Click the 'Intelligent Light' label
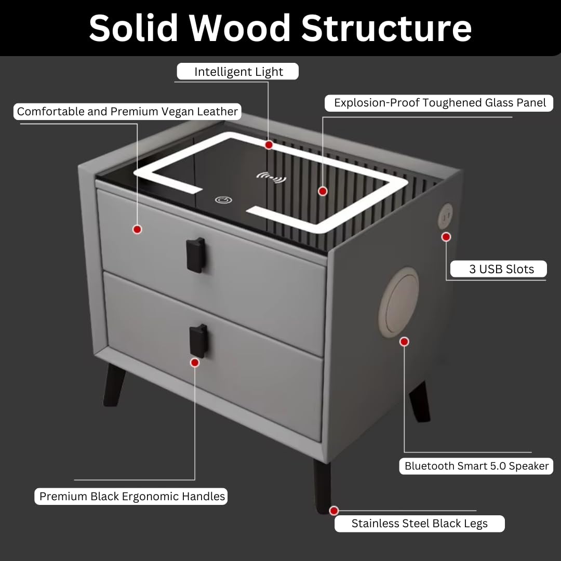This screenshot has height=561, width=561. [x=237, y=72]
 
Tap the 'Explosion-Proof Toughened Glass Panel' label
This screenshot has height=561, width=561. [x=439, y=103]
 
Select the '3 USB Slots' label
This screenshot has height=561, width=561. [x=498, y=269]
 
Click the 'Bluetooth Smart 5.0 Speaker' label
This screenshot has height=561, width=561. [x=476, y=466]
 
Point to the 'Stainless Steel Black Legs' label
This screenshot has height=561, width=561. [x=420, y=524]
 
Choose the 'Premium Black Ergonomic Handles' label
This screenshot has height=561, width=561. [x=131, y=497]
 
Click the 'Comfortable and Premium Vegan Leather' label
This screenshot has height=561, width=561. [x=127, y=112]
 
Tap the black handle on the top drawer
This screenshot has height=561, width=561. [x=196, y=255]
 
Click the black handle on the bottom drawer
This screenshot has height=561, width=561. [x=198, y=341]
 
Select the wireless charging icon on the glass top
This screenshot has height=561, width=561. [x=272, y=177]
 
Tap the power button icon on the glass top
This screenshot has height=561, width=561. [x=223, y=200]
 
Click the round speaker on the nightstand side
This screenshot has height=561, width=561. [x=399, y=302]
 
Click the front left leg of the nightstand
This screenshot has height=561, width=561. [x=114, y=385]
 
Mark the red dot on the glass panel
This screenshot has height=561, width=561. [x=323, y=191]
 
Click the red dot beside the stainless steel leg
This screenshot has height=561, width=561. [x=334, y=511]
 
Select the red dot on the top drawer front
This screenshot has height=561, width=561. [x=137, y=230]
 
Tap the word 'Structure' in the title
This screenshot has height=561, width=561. [x=387, y=28]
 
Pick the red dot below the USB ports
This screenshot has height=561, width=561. [x=446, y=237]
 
